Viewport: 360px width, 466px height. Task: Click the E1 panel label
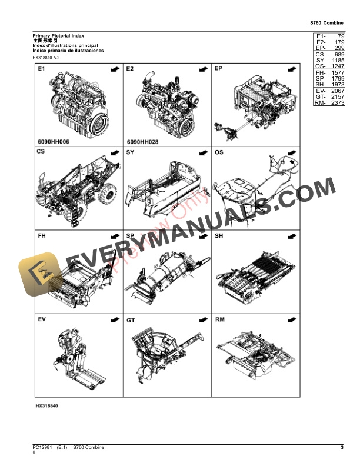42,69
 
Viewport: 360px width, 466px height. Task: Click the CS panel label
41,152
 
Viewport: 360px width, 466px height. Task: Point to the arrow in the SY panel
202,152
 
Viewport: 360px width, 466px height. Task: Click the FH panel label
42,236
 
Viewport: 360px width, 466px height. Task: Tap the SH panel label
219,236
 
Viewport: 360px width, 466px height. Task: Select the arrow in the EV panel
114,319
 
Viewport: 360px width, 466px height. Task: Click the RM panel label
220,319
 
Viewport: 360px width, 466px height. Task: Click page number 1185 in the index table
337,60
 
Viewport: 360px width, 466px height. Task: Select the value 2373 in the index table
337,104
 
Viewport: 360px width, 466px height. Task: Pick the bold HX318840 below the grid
46,407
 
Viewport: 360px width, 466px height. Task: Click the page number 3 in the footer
342,448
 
